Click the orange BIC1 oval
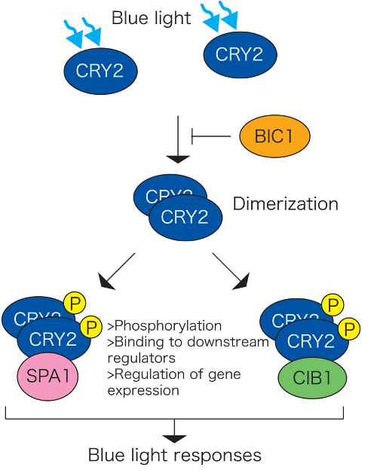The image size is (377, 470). pyautogui.click(x=274, y=137)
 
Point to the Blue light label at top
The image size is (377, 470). pyautogui.click(x=151, y=19)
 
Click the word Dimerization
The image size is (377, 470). pyautogui.click(x=285, y=204)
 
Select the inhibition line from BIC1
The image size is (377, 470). pyautogui.click(x=211, y=137)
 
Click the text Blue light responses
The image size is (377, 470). pyautogui.click(x=175, y=455)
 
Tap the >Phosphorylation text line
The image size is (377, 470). pyautogui.click(x=166, y=326)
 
